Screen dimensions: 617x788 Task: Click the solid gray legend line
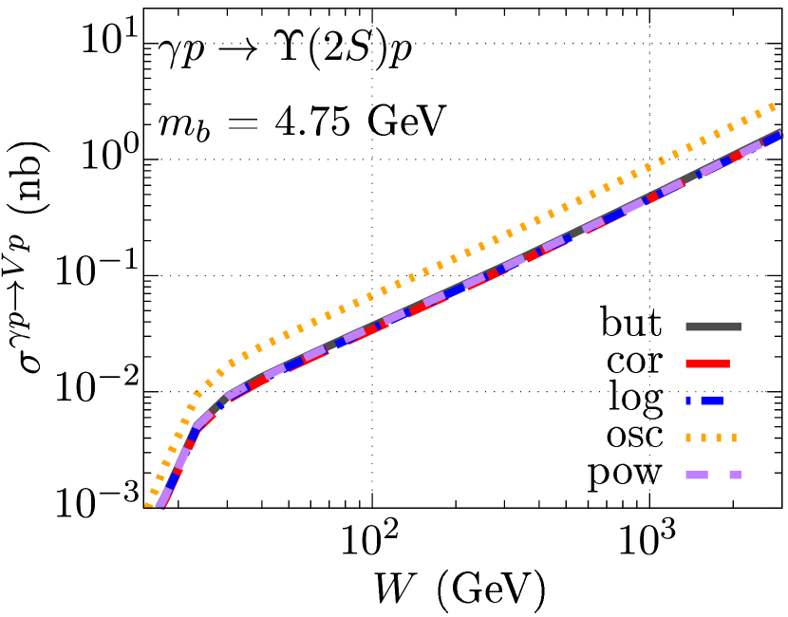point(713,327)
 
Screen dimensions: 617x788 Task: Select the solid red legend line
point(707,364)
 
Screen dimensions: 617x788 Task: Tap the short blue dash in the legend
point(688,401)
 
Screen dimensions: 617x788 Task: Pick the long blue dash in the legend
point(712,401)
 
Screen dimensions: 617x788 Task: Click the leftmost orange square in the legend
point(688,438)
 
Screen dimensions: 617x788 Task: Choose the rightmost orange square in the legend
point(734,438)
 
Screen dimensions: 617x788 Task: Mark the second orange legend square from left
point(704,438)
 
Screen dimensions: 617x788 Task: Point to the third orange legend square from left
point(719,438)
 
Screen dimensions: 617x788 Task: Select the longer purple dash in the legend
point(697,475)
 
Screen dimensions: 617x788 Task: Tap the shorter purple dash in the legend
point(735,475)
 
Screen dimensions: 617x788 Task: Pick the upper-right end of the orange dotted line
point(772,106)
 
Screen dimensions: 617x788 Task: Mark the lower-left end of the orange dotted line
point(148,505)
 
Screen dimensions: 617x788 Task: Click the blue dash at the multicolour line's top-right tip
point(773,138)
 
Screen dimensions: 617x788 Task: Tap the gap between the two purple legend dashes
point(719,475)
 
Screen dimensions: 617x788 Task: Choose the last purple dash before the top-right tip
point(751,148)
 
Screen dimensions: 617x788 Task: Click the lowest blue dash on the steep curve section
point(172,481)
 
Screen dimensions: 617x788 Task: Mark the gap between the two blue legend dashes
point(696,401)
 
